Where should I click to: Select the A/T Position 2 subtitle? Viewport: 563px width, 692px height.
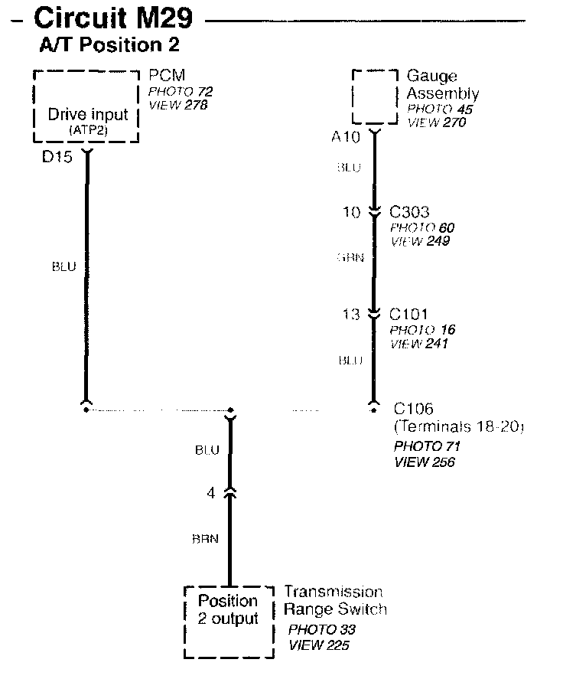click(109, 45)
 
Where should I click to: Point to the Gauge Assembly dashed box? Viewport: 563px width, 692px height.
click(375, 96)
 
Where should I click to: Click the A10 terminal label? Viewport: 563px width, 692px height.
click(346, 138)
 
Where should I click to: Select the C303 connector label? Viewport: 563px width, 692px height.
click(409, 212)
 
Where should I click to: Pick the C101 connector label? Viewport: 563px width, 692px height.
click(408, 314)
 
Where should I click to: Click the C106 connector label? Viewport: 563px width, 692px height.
click(413, 410)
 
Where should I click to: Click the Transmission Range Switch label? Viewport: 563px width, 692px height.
click(335, 601)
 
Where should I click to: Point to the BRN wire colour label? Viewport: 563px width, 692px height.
click(205, 539)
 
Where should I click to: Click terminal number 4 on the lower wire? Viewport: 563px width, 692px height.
click(211, 494)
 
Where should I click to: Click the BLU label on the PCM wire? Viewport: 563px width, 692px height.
click(63, 266)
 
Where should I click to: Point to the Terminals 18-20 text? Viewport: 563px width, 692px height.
click(458, 427)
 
